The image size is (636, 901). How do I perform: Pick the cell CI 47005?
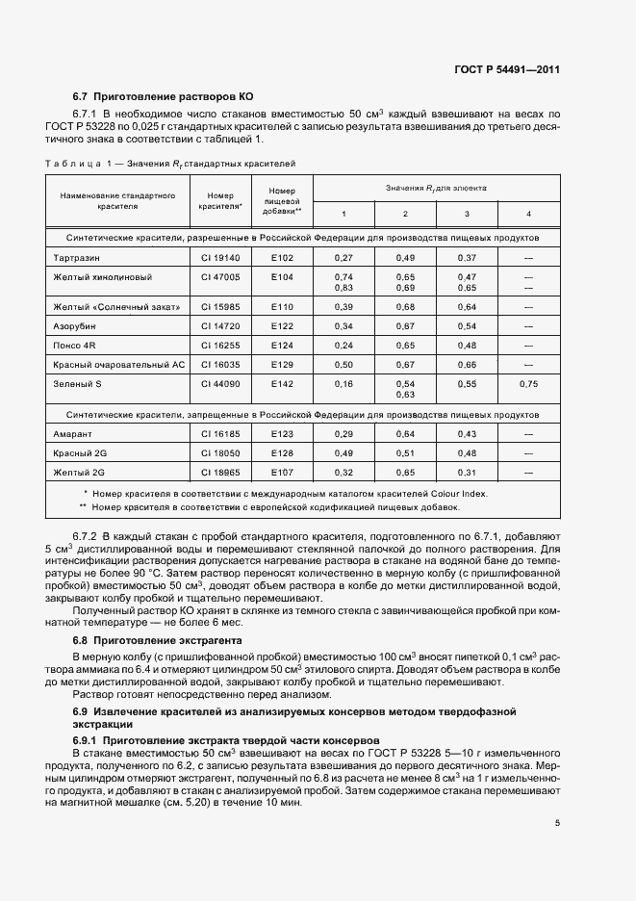coord(219,276)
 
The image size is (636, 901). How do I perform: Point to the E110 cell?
coord(281,307)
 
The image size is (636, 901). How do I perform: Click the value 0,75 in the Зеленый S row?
coord(528,384)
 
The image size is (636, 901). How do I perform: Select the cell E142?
coord(281,384)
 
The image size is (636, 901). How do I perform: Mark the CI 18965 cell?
coord(219,474)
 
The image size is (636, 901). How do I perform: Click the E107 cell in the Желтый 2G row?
coord(281,474)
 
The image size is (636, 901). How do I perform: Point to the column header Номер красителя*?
coord(219,200)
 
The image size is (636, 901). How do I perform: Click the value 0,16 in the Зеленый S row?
coord(343,384)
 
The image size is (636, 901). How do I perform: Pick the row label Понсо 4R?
coord(75,346)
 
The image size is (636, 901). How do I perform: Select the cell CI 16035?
coord(219,365)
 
